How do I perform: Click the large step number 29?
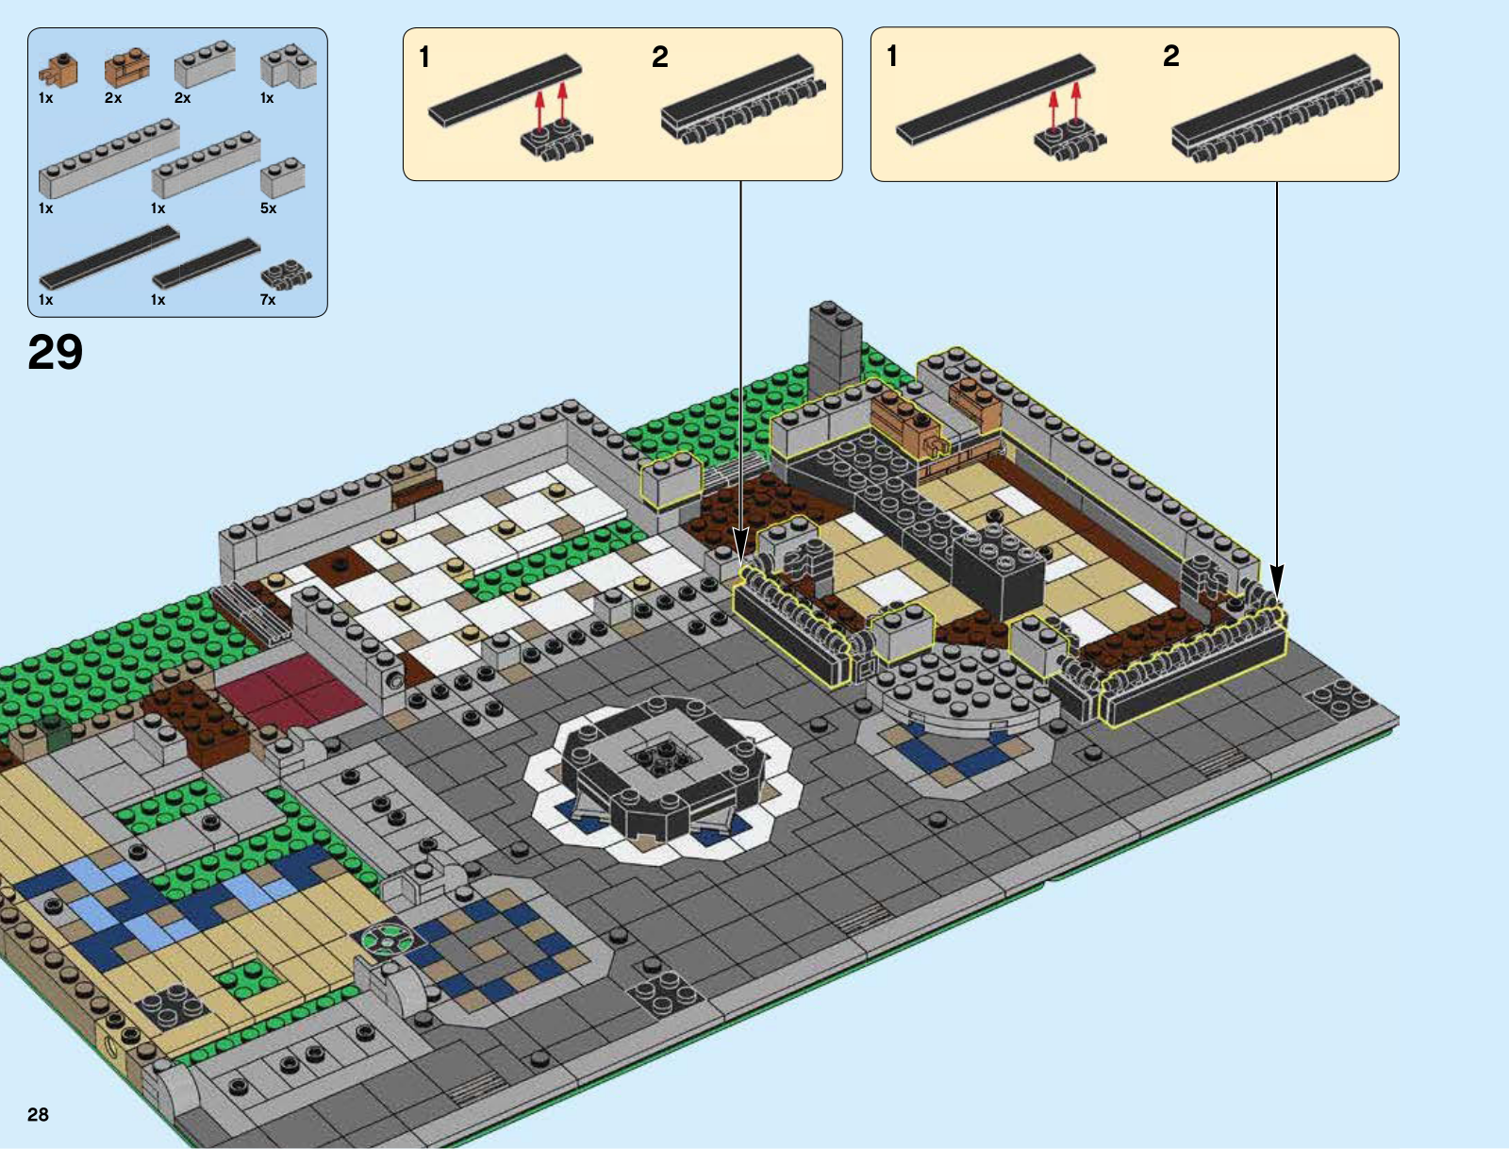[55, 352]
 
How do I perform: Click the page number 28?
[38, 1115]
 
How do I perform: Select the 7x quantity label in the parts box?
[268, 300]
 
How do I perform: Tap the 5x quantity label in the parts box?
[268, 208]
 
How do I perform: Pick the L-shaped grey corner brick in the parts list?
[288, 67]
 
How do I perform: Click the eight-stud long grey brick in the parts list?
[108, 158]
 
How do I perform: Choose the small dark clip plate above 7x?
[286, 275]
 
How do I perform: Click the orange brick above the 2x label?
[127, 68]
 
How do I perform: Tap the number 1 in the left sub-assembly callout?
[424, 57]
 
